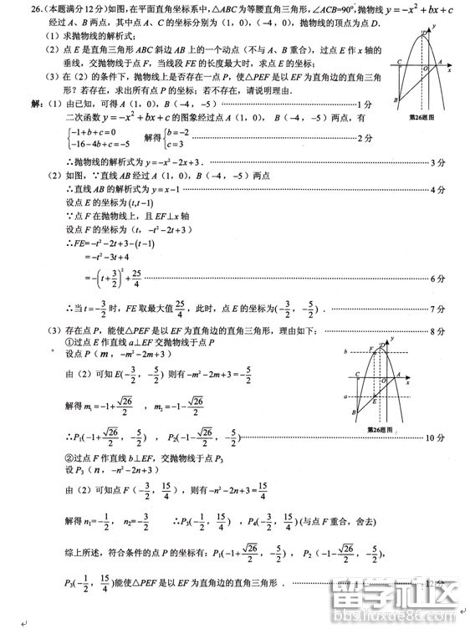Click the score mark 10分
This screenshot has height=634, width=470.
(x=434, y=437)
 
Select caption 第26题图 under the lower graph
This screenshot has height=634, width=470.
(x=381, y=430)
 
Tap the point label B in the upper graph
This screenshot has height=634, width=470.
(x=396, y=100)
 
